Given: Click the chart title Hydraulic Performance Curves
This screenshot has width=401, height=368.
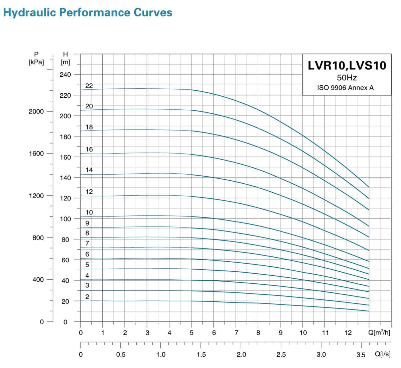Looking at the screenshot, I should coord(88,13).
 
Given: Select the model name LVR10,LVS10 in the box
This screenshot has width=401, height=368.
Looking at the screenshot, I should coord(347,65).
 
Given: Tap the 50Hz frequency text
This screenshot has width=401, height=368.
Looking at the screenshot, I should coord(347,78).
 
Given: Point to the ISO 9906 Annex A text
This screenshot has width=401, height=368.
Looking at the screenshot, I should coord(345,88).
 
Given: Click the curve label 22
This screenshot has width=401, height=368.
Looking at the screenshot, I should coord(89,86).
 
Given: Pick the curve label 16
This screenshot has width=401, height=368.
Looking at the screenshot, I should coord(89,149).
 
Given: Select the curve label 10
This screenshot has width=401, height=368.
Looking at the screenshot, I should coord(89,212).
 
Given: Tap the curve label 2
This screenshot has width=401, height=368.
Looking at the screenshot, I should coord(87,297).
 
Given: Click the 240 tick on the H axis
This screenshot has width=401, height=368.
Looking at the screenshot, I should coord(65,75).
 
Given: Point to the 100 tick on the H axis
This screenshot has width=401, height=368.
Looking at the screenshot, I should coord(65,219).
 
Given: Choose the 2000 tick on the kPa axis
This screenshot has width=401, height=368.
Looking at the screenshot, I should coord(36,111).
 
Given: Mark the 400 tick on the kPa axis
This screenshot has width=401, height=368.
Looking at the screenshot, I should coord(38,280).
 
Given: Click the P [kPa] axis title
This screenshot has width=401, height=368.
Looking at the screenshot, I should coord(36,58).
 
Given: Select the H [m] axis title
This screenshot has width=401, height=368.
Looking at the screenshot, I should coord(65,58).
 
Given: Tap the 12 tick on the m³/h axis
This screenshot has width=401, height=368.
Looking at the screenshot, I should coord(348,333).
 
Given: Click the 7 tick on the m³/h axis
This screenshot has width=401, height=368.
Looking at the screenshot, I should coord(236,333).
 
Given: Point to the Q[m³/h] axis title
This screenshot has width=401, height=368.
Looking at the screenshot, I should coord(379,333).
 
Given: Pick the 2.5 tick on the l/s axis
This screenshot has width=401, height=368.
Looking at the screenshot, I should coord(281,355).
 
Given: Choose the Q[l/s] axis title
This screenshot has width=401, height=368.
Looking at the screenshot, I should coord(383,354).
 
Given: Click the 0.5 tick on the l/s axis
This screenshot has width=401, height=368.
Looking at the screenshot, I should coord(121,355).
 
